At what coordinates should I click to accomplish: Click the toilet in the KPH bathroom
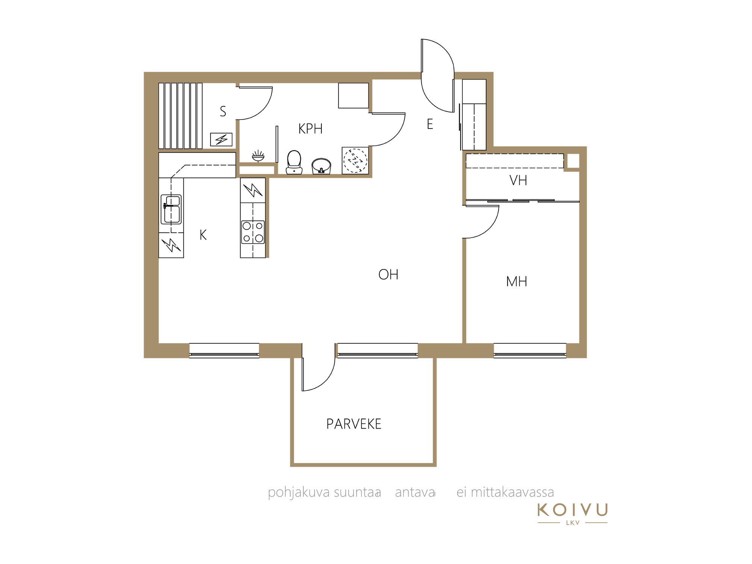coord(294,162)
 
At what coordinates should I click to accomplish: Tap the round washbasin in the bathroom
coord(321,166)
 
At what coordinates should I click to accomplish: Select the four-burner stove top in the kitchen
coord(253,232)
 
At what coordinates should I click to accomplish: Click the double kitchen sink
coord(171,209)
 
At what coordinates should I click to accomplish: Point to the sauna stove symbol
coord(221,139)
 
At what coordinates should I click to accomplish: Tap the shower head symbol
coord(258,156)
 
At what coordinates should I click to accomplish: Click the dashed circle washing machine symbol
coord(355,161)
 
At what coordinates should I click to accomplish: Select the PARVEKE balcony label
coord(353,424)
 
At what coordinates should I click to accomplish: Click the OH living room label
coord(388,274)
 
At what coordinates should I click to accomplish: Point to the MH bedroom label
coord(517,281)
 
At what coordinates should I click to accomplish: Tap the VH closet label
coord(518,180)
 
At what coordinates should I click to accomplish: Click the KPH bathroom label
coord(310,129)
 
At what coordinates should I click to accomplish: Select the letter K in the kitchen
coord(203,235)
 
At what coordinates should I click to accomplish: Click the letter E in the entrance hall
coord(430,124)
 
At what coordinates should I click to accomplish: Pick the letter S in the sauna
coord(223,111)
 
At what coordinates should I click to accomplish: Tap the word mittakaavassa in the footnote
coord(512,492)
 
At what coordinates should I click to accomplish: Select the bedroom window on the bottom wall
coord(530,350)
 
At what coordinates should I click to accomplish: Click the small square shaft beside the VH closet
coord(573,161)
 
